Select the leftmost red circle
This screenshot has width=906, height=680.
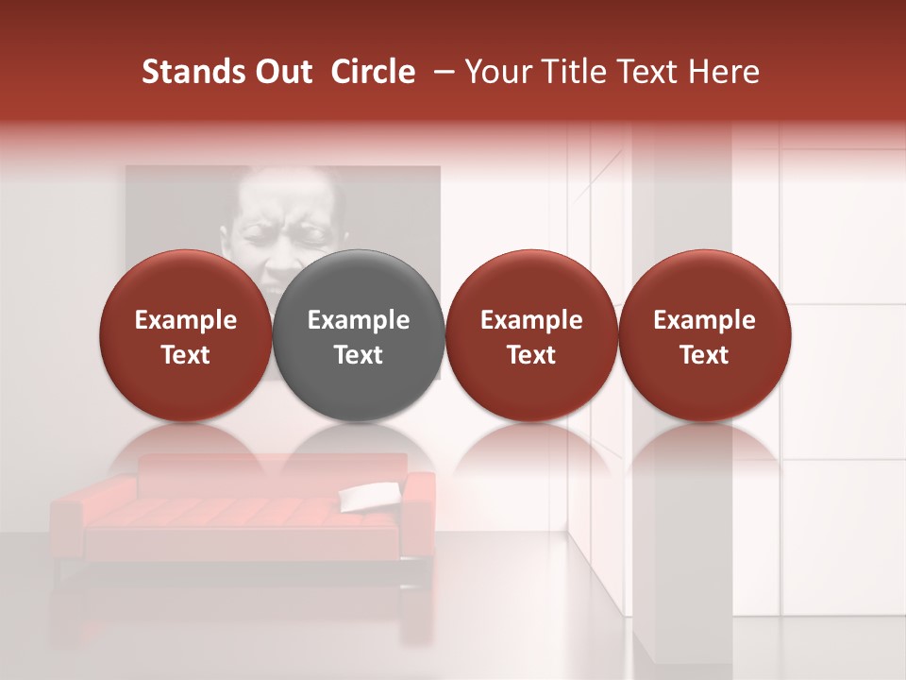[x=186, y=335]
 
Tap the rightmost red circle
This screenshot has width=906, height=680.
[x=704, y=335]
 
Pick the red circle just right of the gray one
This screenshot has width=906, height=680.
[x=531, y=335]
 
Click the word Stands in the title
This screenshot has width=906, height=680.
[x=191, y=72]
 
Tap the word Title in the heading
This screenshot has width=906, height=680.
[x=578, y=72]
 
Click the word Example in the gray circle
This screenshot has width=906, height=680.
[x=359, y=320]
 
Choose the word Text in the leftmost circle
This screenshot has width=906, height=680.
[x=186, y=355]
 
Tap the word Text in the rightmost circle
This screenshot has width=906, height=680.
[x=704, y=355]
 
